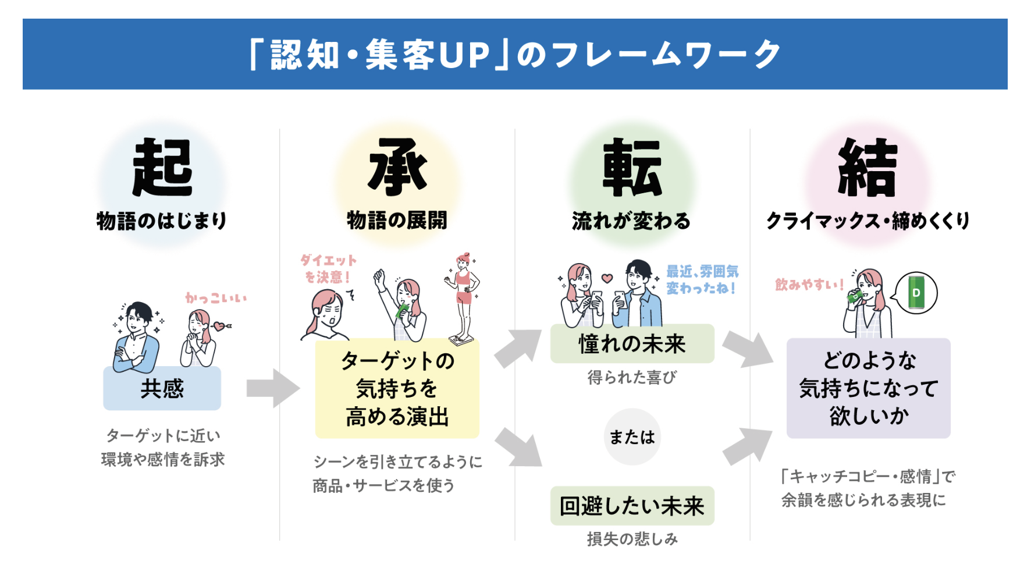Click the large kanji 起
click(162, 168)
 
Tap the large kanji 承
click(397, 168)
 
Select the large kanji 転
click(632, 168)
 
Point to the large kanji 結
click(868, 168)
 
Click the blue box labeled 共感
click(162, 388)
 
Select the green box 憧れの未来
click(632, 344)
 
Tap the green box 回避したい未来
click(632, 506)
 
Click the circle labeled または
click(632, 437)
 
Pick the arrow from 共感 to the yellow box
click(272, 388)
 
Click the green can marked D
click(916, 293)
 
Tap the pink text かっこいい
click(216, 299)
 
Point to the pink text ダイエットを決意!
click(328, 269)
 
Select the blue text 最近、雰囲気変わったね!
click(702, 280)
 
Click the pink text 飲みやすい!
click(809, 285)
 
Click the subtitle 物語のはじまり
click(161, 221)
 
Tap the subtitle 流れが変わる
click(631, 221)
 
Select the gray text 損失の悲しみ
click(632, 539)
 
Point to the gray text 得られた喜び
click(632, 378)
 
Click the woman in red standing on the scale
click(463, 298)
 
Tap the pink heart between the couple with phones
click(607, 278)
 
